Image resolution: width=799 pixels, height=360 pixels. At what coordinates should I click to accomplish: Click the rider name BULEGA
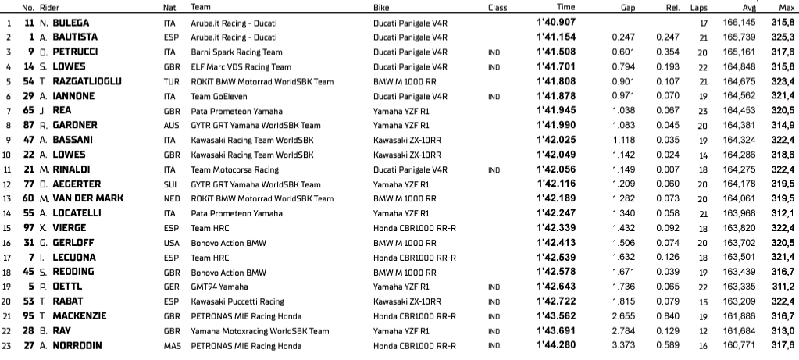coord(71,23)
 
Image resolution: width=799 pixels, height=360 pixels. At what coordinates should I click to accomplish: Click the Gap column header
coord(621,8)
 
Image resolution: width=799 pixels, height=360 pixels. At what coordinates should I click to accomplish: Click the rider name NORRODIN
coord(79,345)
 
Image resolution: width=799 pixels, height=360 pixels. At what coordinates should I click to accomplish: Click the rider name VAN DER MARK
coord(87,198)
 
